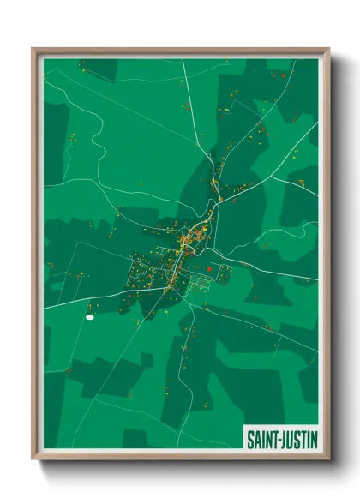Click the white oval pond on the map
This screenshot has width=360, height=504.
pos(89,318)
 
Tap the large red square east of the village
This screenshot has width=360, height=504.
pos(209,268)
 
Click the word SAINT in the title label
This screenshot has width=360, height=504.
pos(262,436)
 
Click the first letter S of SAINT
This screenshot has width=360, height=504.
pos(250,436)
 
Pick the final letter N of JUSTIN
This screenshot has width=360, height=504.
pos(315,436)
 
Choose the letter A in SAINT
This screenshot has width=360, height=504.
pos(257,436)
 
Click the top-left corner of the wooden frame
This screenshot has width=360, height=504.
pos(33,49)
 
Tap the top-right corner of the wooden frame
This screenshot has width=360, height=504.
pos(329,49)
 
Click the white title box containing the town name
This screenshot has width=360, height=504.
pos(282,436)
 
